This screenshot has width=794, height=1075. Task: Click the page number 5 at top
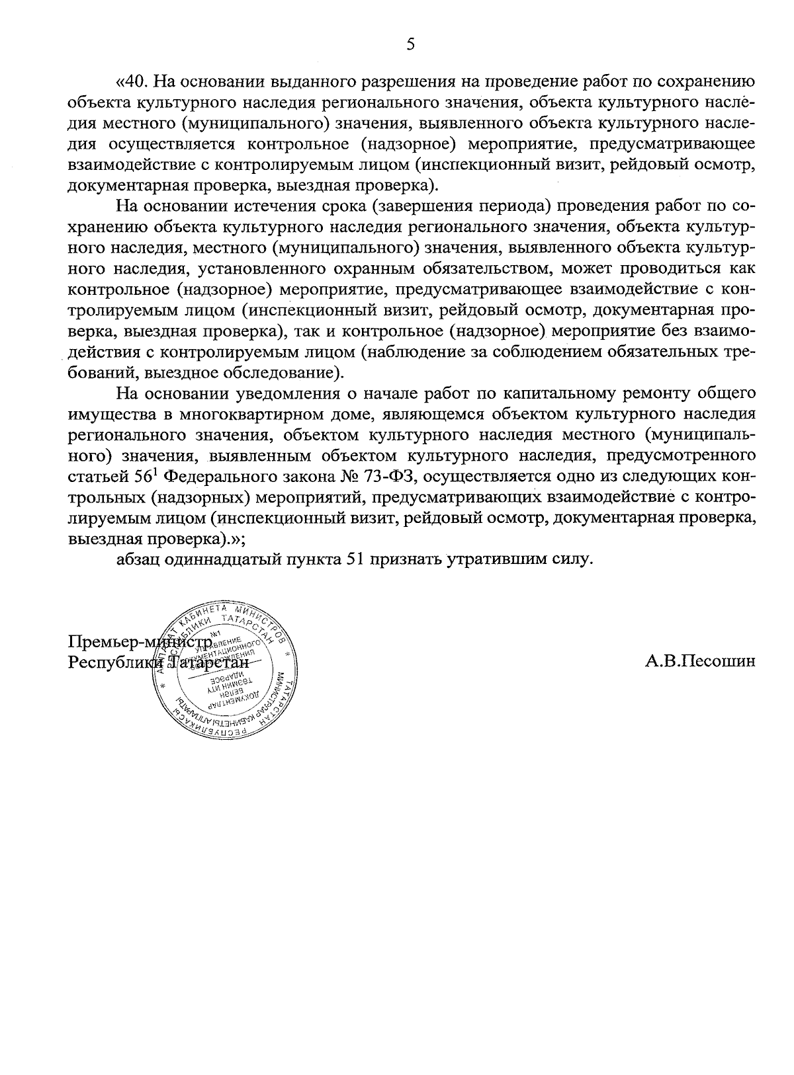[x=410, y=44]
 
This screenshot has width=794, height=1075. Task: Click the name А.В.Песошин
[x=700, y=661]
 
